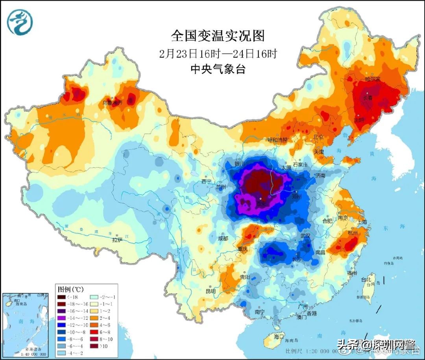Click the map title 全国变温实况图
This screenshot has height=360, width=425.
click(218, 36)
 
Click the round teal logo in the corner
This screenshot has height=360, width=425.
click(20, 21)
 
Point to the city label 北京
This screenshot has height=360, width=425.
click(318, 137)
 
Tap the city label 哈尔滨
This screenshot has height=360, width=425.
click(372, 79)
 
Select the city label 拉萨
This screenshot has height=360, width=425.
click(117, 239)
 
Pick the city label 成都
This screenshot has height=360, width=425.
click(223, 239)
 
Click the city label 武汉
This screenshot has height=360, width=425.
click(305, 236)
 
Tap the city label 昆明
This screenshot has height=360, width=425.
click(211, 291)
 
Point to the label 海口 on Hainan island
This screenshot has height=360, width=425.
click(279, 337)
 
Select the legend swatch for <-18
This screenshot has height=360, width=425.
click(62, 297)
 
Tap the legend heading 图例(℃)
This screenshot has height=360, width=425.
click(71, 289)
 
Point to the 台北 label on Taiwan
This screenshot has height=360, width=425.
click(366, 279)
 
